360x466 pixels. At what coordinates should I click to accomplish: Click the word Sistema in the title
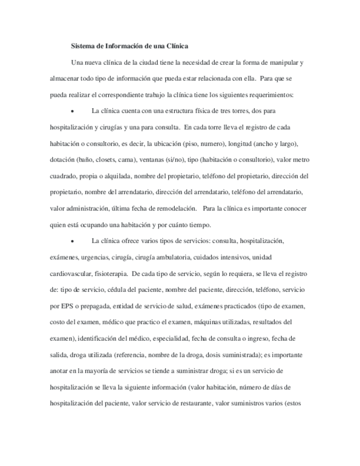click(84, 46)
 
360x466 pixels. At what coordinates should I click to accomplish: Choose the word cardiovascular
click(69, 273)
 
